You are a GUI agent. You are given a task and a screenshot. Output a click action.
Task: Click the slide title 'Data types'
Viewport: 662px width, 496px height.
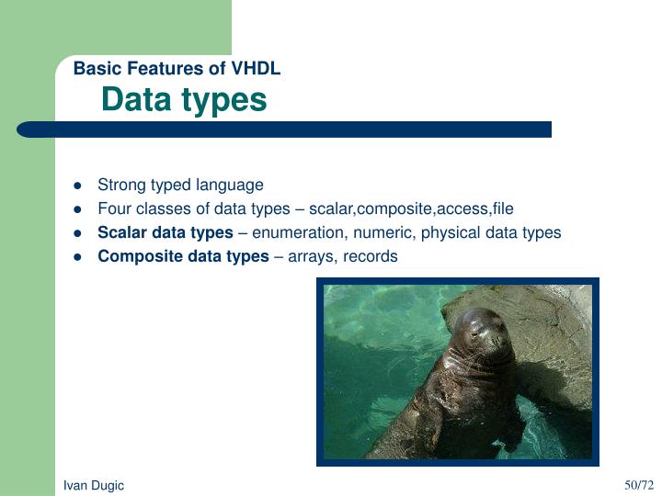coord(184,99)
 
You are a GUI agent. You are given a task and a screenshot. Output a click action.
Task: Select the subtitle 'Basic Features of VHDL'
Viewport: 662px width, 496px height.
coord(177,68)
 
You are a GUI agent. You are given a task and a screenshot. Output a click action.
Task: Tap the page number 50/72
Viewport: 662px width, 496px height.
coord(638,484)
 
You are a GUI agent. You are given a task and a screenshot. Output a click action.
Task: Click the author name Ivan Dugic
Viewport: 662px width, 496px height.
coord(93,485)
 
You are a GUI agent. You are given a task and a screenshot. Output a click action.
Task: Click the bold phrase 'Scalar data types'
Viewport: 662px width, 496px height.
coord(165,232)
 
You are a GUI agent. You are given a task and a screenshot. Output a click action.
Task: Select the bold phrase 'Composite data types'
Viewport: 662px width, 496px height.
coord(183,256)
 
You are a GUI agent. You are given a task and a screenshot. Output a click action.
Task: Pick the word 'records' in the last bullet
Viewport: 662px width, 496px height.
coord(370,256)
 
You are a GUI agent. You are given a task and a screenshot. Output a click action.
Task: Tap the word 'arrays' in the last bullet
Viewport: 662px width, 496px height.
coord(312,256)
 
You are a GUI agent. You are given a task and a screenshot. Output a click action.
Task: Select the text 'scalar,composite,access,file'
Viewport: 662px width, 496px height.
coord(411,209)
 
